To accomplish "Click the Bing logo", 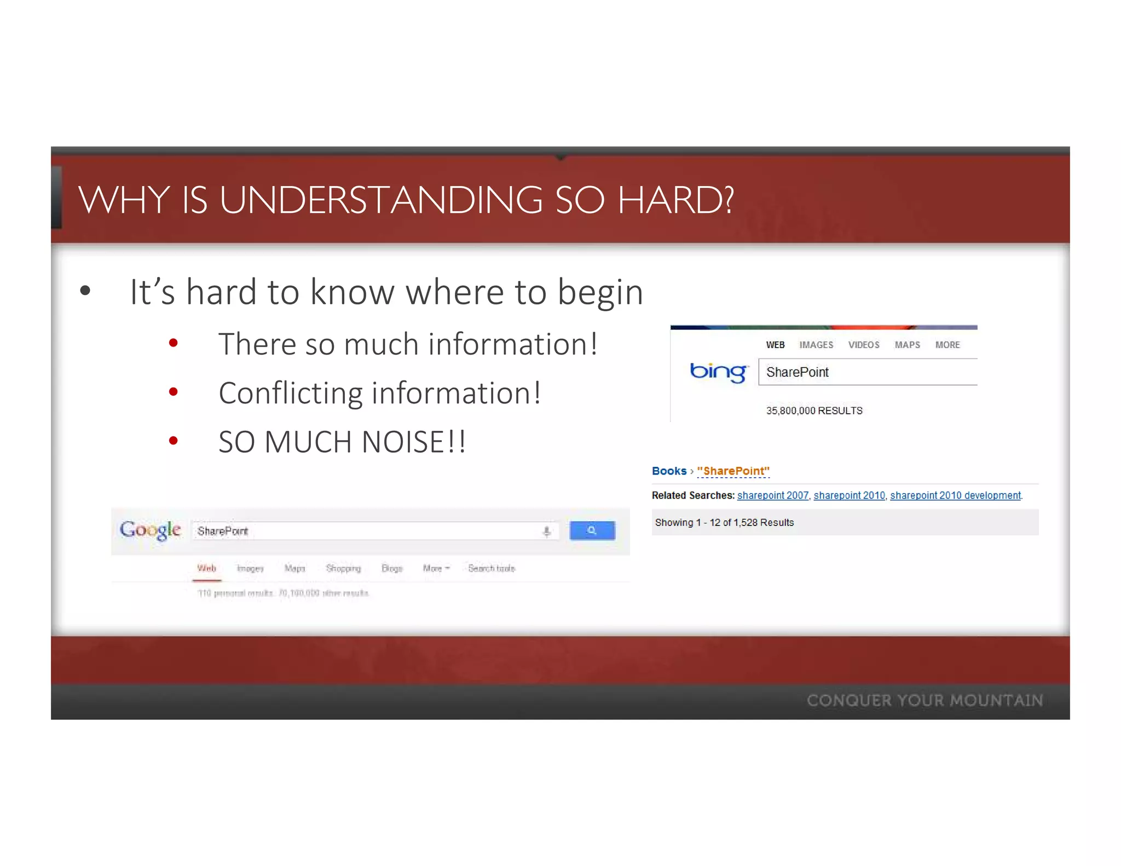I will (x=718, y=372).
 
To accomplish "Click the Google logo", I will (x=151, y=530).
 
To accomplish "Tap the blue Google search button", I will (x=592, y=530).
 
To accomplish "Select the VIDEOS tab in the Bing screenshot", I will (x=863, y=345).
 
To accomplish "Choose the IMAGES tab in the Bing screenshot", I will (x=816, y=345).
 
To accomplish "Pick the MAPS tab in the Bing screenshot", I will (x=907, y=345).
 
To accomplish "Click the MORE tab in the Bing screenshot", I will (x=947, y=345).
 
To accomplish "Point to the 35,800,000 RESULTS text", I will (x=814, y=411).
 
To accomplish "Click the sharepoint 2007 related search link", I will (x=772, y=495).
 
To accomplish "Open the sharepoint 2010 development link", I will (x=955, y=495).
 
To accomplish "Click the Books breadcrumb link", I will (x=669, y=471).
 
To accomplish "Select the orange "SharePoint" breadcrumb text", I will (x=733, y=471).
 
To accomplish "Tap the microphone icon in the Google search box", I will (x=546, y=531).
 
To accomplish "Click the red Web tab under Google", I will (x=207, y=568).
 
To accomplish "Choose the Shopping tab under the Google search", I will (x=343, y=568).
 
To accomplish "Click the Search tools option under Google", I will (x=492, y=568).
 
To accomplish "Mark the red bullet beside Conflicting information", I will (x=174, y=392).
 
